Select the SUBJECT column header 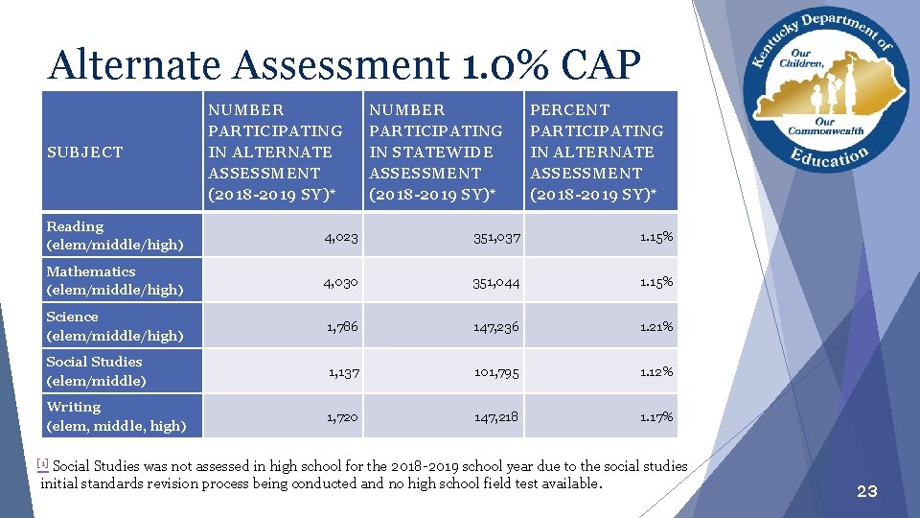[x=84, y=152]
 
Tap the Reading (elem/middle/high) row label [x=114, y=235]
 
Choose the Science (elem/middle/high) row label [x=114, y=325]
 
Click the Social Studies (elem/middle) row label [x=96, y=370]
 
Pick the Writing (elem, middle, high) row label [x=116, y=415]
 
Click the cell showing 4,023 [x=341, y=236]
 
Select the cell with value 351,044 [x=495, y=281]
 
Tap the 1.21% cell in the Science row [x=656, y=326]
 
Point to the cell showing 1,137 [x=343, y=371]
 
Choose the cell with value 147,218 [x=495, y=416]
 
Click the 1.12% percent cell [x=656, y=371]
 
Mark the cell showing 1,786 [x=342, y=326]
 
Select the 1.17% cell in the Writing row [x=656, y=416]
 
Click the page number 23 [x=866, y=491]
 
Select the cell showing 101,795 [x=495, y=371]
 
